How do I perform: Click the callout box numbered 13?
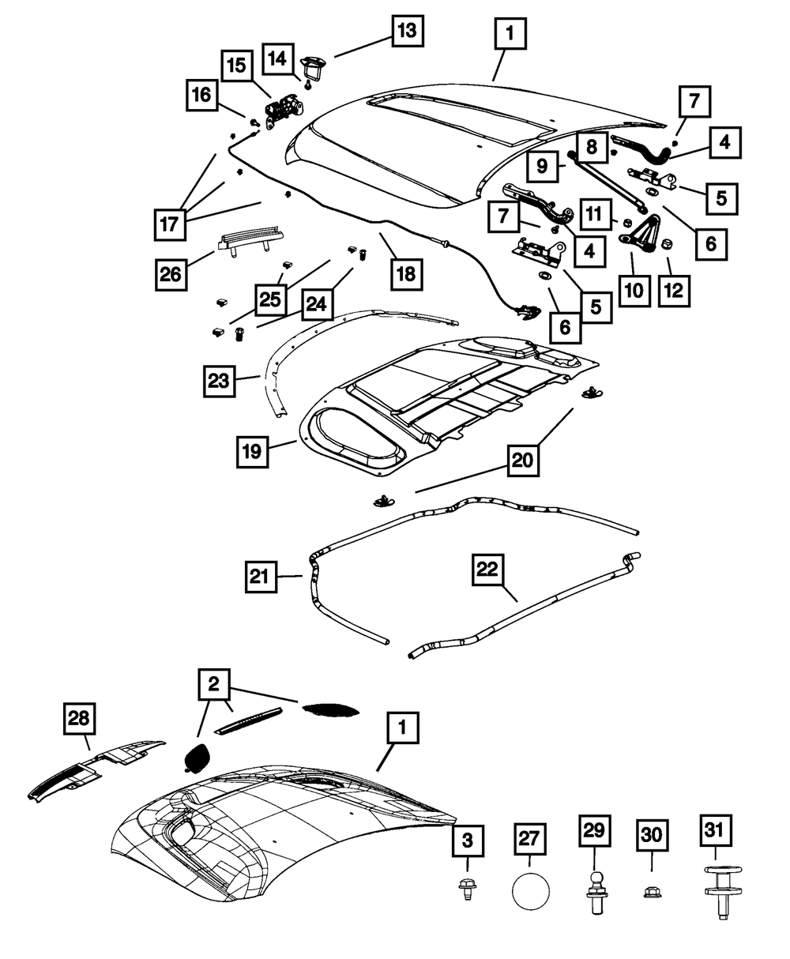click(404, 32)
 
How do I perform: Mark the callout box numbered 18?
click(404, 274)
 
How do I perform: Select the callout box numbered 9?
click(543, 167)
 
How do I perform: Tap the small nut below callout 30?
click(653, 890)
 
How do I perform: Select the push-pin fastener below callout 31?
click(717, 889)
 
